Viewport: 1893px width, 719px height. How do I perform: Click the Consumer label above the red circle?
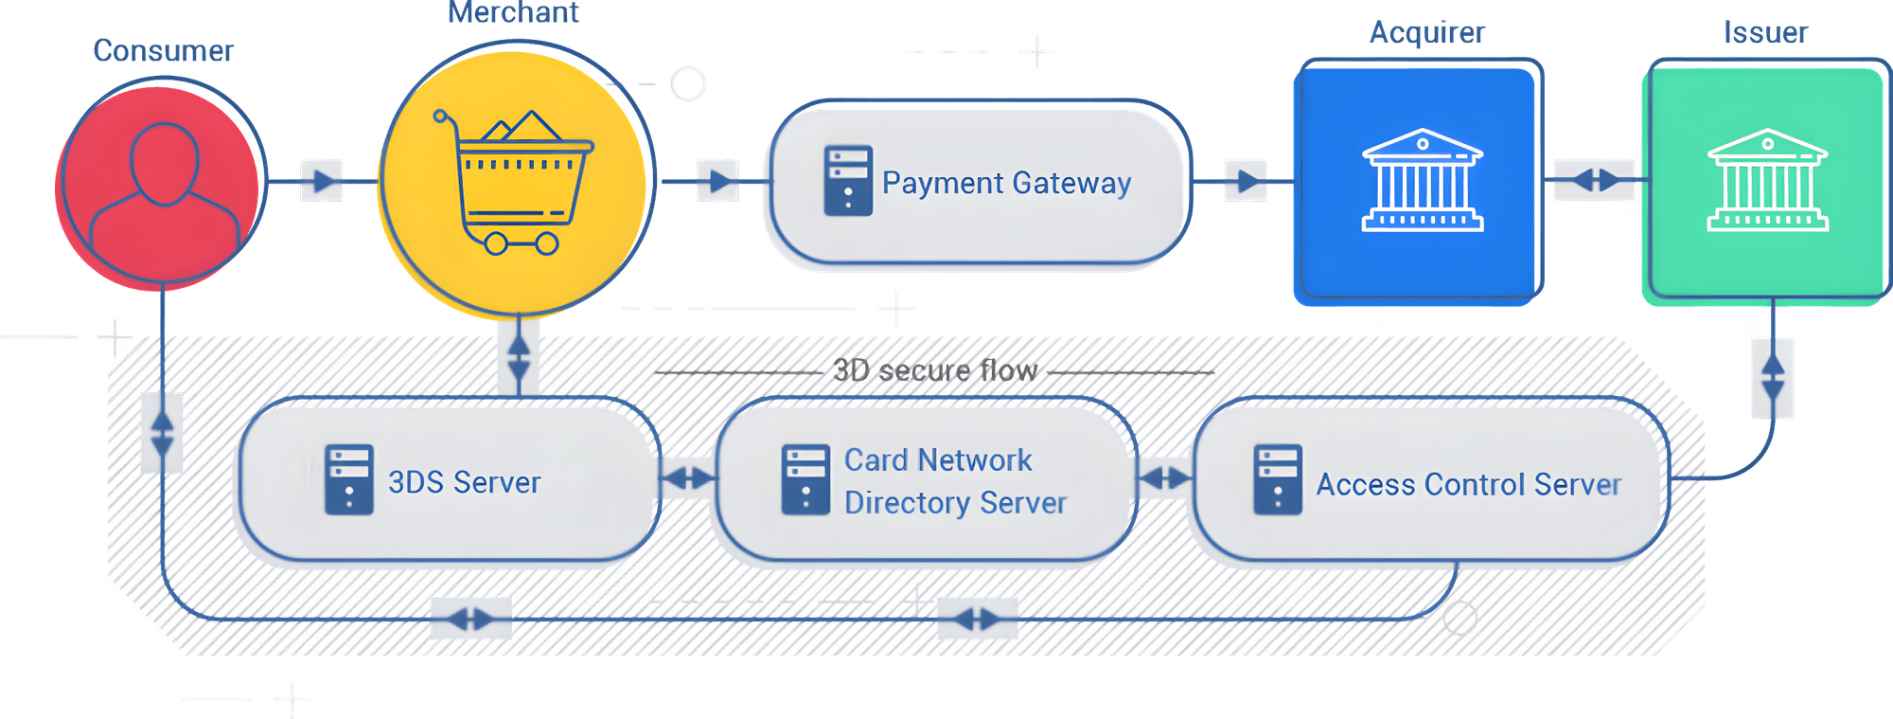tap(164, 51)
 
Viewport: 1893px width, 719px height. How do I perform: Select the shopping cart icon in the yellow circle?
tap(513, 184)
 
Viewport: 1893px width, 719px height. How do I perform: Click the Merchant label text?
tap(514, 13)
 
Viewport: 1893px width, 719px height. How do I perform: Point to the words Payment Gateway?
tap(1006, 183)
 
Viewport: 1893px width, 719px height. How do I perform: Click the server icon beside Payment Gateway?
tap(847, 181)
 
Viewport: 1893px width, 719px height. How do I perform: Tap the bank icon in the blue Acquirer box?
tap(1422, 181)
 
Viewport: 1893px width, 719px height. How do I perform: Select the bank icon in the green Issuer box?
tap(1767, 181)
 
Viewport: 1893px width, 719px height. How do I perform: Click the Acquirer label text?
tap(1427, 33)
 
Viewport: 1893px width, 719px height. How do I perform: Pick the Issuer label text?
tap(1766, 33)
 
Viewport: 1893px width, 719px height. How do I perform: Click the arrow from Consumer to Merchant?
tap(322, 180)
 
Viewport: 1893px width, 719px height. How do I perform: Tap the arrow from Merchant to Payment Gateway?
tap(718, 180)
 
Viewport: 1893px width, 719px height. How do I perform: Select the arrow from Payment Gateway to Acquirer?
tap(1246, 180)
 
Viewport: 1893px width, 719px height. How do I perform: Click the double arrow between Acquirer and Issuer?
tap(1596, 180)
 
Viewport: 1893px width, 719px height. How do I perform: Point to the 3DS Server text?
tap(464, 483)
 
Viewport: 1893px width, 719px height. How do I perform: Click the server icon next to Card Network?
tap(805, 480)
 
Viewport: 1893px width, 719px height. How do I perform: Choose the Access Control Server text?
tap(1468, 485)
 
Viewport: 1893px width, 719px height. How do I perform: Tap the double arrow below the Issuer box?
tap(1772, 377)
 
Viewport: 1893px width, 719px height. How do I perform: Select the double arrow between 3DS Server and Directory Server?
tap(688, 478)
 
